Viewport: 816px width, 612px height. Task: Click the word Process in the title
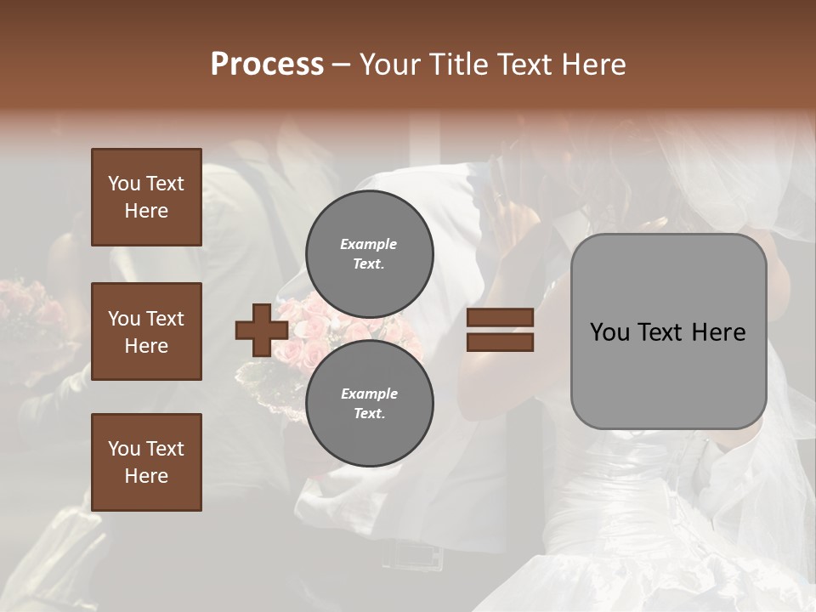click(267, 65)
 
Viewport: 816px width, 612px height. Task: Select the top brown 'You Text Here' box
click(146, 197)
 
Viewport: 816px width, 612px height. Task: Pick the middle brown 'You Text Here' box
click(146, 331)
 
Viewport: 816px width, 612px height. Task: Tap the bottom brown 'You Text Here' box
click(146, 462)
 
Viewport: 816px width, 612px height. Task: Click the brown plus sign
click(262, 331)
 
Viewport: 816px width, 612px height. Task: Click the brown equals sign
click(500, 331)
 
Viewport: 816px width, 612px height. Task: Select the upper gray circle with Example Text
click(370, 254)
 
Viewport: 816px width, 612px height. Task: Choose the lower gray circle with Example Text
click(370, 404)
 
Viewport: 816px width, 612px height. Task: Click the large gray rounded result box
click(668, 331)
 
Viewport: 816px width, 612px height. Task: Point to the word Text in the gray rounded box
click(667, 332)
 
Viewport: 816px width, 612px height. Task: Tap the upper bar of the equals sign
click(500, 318)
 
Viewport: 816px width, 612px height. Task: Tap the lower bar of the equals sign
click(500, 342)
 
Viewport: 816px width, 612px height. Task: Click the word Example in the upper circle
click(369, 244)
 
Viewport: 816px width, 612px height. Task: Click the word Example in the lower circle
click(369, 394)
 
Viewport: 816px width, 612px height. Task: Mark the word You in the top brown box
click(123, 184)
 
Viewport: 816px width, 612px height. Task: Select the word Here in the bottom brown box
click(146, 476)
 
